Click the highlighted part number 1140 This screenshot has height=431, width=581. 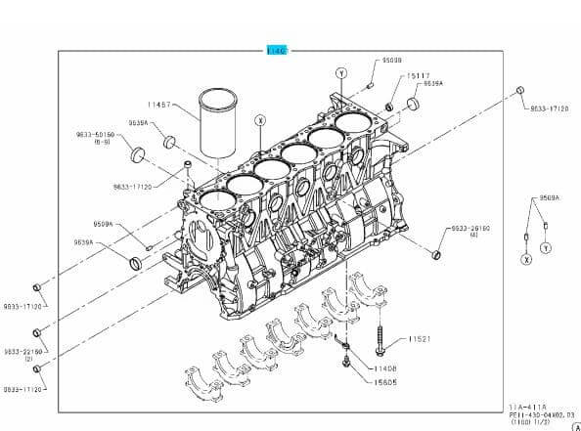click(276, 50)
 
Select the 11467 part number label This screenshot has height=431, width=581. click(160, 104)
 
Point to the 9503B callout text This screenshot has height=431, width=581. click(391, 61)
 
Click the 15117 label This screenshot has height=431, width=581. click(419, 75)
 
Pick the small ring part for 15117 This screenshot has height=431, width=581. click(389, 106)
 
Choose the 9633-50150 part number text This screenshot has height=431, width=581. click(95, 133)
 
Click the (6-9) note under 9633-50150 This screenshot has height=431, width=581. click(102, 142)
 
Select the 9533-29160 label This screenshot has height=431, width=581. click(470, 228)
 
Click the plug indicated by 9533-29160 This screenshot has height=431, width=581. click(436, 255)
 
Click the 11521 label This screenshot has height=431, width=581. click(420, 338)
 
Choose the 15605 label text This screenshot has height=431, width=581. click(384, 382)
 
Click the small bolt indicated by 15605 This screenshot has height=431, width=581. click(344, 363)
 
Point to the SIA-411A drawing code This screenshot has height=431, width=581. click(529, 406)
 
